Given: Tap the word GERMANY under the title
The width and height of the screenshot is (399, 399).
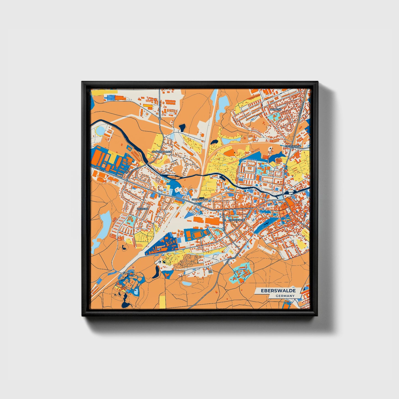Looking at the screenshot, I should [285, 296].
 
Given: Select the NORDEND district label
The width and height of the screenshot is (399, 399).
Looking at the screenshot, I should [276, 110].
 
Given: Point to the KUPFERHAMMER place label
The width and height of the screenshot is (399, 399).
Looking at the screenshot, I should [162, 152].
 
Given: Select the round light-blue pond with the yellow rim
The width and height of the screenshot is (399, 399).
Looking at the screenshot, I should [100, 130].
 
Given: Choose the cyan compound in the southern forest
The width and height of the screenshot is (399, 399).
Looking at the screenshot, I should [240, 272].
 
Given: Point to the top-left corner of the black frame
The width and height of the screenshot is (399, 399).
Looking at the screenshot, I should [82, 82].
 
